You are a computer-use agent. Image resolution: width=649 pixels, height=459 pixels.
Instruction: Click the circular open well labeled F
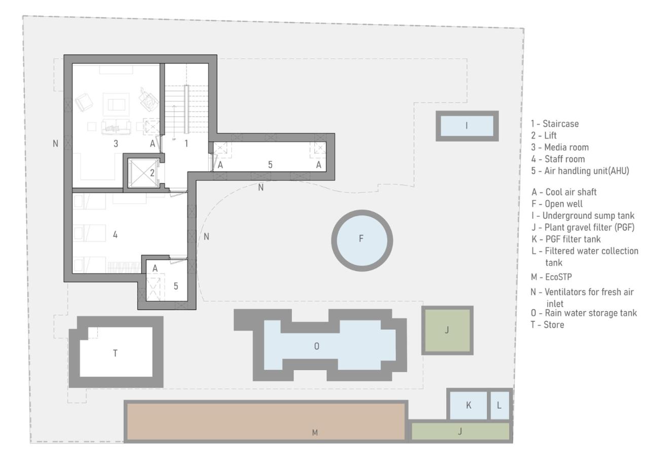[x=362, y=239]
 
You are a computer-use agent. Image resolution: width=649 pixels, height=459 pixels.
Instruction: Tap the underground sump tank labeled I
[x=466, y=126]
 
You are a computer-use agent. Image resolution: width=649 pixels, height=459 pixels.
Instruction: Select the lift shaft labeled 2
[x=143, y=172]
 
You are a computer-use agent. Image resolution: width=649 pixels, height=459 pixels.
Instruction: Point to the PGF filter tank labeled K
[x=468, y=405]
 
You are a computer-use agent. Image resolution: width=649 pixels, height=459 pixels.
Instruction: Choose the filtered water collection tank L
[x=499, y=405]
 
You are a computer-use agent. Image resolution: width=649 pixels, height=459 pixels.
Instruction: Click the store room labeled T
[x=116, y=352]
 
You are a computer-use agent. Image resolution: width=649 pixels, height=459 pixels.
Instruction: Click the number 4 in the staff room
[x=116, y=235]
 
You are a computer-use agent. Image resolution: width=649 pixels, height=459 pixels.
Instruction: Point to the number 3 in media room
[x=116, y=144]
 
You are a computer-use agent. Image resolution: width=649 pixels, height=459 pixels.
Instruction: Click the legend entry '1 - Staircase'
[x=554, y=123]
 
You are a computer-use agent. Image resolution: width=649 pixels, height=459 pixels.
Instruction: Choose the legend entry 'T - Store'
[x=547, y=324]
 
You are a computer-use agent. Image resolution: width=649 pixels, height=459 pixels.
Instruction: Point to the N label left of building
[x=55, y=144]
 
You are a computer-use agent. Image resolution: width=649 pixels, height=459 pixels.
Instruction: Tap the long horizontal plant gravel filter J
[x=459, y=432]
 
